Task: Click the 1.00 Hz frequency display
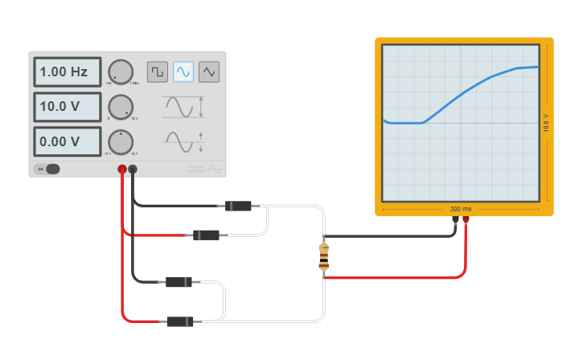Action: point(67,72)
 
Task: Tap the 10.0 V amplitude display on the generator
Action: point(67,107)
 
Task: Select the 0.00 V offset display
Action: point(67,141)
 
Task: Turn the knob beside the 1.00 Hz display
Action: point(121,72)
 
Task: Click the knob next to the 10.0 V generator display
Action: point(121,107)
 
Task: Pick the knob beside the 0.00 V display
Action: point(121,142)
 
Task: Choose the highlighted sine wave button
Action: point(183,72)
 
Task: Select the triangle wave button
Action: point(209,72)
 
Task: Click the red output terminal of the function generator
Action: point(122,170)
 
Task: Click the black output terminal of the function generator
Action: point(133,170)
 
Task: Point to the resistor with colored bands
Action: point(324,256)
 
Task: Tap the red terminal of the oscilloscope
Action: point(466,218)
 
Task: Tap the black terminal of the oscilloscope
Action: point(455,218)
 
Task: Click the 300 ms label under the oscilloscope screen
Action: point(461,209)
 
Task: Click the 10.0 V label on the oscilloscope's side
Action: point(546,122)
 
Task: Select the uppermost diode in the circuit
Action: point(238,206)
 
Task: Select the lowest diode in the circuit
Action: point(180,321)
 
